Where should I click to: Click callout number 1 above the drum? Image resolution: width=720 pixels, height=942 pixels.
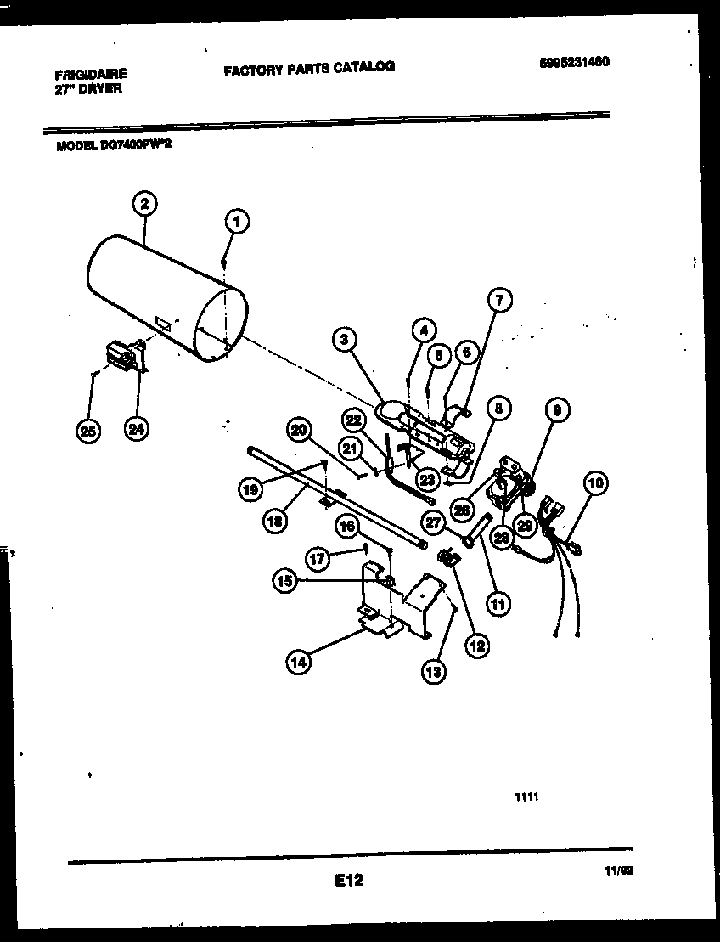pyautogui.click(x=239, y=222)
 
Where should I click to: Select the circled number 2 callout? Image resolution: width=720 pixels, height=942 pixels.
pyautogui.click(x=145, y=203)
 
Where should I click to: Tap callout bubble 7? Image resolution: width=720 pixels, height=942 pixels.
pyautogui.click(x=499, y=300)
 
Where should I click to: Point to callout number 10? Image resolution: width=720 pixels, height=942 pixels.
pyautogui.click(x=595, y=484)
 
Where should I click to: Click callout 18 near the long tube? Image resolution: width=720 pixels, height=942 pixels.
pyautogui.click(x=273, y=521)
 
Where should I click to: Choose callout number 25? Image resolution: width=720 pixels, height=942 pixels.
pyautogui.click(x=87, y=431)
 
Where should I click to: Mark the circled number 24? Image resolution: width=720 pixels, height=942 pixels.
pyautogui.click(x=135, y=430)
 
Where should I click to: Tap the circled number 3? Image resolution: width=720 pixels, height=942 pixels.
pyautogui.click(x=344, y=341)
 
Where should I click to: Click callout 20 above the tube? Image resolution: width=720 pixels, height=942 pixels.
pyautogui.click(x=297, y=430)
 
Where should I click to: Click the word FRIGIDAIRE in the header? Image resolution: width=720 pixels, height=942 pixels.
pyautogui.click(x=90, y=75)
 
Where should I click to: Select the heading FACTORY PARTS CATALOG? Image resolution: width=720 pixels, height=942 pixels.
pyautogui.click(x=309, y=67)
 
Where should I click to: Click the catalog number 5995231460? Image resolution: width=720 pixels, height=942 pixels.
pyautogui.click(x=575, y=62)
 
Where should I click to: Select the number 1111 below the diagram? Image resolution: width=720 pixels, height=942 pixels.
pyautogui.click(x=526, y=797)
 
